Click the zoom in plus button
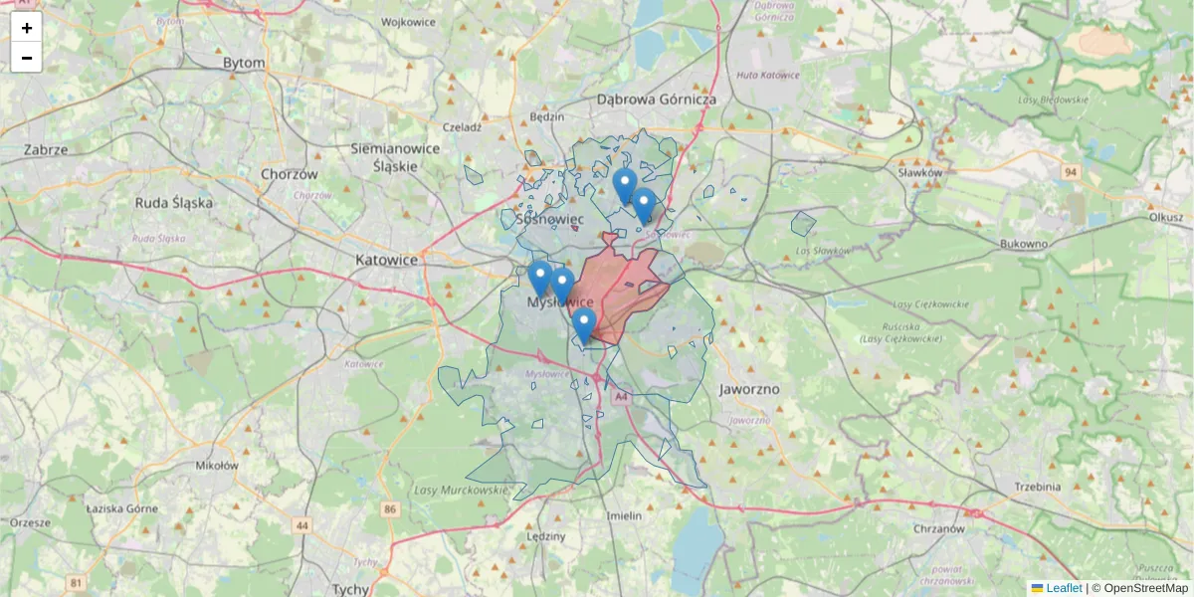click(x=26, y=28)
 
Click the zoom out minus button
click(x=26, y=58)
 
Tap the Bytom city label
click(x=244, y=63)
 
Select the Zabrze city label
click(x=46, y=150)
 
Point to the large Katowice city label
click(x=386, y=260)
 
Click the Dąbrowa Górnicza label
click(x=657, y=99)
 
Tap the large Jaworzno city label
click(x=749, y=389)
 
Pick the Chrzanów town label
click(x=938, y=529)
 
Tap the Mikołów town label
click(x=217, y=465)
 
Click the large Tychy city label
click(x=350, y=589)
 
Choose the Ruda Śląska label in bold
click(x=174, y=202)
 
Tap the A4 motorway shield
click(x=621, y=397)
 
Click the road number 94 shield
click(x=1070, y=172)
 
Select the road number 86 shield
click(x=389, y=509)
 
